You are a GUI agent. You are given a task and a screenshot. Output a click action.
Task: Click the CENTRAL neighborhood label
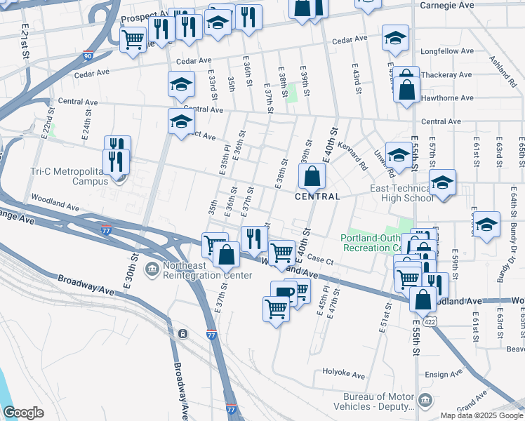pyautogui.click(x=317, y=196)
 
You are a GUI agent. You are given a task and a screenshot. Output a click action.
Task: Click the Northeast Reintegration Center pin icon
pyautogui.click(x=152, y=268)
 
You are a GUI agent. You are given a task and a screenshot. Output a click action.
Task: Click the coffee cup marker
pyautogui.click(x=283, y=293)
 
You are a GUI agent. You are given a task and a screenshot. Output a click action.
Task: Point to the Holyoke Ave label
pyautogui.click(x=345, y=372)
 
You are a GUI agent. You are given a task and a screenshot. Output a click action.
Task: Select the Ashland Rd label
pyautogui.click(x=504, y=70)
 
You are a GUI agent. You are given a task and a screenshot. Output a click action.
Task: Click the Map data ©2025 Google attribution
pyautogui.click(x=481, y=415)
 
